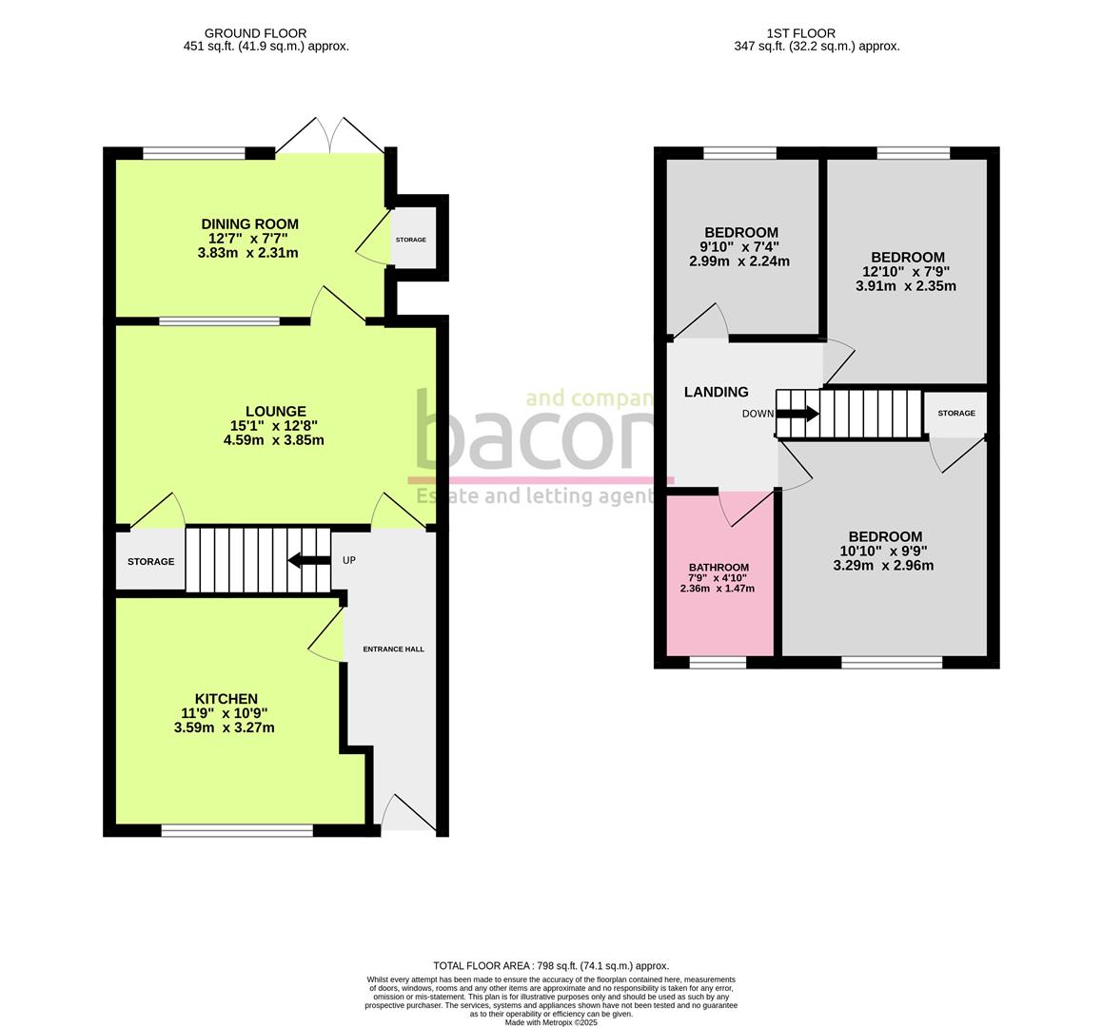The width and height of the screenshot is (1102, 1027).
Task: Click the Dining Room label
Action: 249,224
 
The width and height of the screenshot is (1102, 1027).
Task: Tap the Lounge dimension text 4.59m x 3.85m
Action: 273,440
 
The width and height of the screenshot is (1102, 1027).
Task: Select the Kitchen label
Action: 226,699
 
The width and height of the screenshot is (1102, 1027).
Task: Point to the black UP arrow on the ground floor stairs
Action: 309,560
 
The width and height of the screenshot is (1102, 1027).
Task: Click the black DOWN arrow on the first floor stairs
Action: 797,413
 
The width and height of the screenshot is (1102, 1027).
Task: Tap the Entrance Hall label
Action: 394,649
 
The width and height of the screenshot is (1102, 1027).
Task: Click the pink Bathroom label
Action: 718,567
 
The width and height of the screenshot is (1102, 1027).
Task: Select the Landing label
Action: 717,392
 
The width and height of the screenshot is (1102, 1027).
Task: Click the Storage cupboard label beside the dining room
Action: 410,240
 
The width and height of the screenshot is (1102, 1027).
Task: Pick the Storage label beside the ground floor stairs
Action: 150,561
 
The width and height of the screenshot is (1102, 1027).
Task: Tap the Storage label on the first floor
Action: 955,413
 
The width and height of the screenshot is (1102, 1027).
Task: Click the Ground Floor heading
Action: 255,33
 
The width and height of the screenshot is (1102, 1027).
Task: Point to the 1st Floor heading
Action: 800,33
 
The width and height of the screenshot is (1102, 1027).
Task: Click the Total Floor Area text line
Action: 551,966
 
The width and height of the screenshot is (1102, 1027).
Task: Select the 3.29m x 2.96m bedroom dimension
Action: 883,566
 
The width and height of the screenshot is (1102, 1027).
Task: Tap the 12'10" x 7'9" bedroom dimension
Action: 907,272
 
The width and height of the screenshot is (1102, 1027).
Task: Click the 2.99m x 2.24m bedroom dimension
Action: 739,262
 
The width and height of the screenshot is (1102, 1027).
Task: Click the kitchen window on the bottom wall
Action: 237,830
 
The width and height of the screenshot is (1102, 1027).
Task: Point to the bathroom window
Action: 717,662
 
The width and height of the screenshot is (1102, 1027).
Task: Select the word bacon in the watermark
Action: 534,429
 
